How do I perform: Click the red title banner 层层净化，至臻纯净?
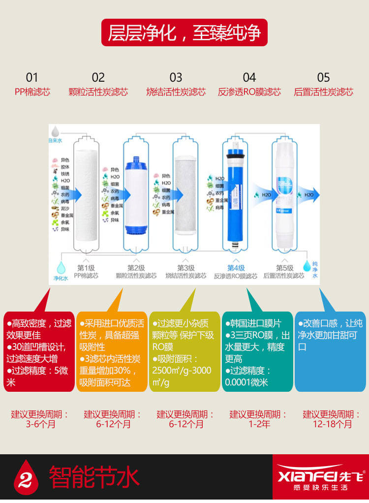point(184,33)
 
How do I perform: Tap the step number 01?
point(32,77)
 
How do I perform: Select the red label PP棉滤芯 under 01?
point(32,92)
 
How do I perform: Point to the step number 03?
point(176,77)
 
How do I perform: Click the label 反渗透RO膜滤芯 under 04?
point(249,92)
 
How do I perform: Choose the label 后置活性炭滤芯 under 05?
point(323,92)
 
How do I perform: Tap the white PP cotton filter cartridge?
point(87,194)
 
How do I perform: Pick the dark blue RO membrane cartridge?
point(235,194)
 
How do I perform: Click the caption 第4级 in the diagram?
point(236,268)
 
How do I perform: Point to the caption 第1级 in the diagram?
point(86,268)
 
